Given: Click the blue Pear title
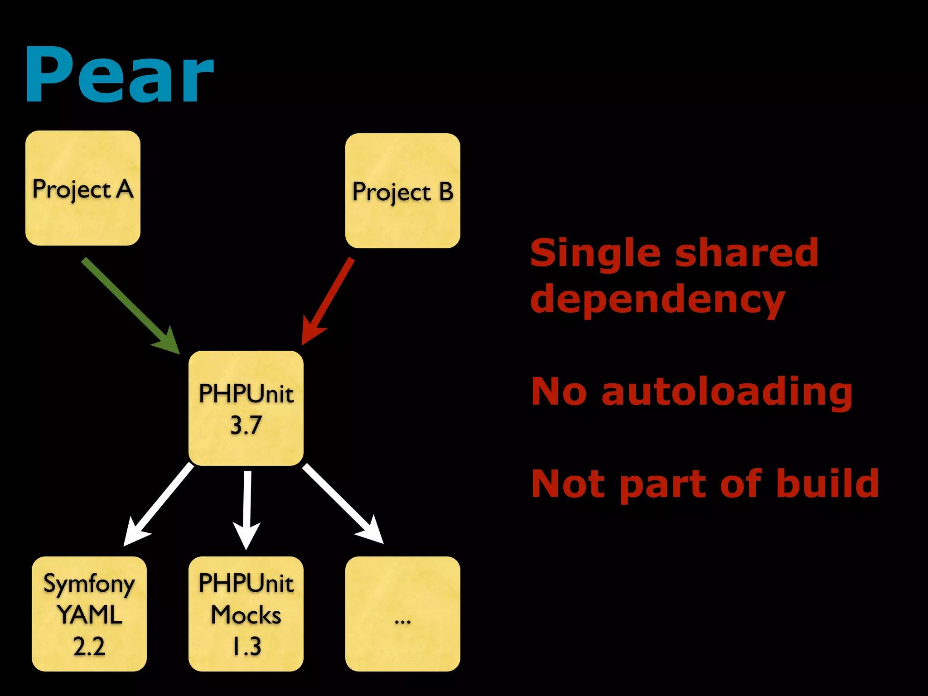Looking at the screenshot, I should pos(119,75).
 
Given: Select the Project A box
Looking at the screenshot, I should pos(83,188).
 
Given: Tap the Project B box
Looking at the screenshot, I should pos(402,191).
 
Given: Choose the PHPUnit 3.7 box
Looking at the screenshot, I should pos(246,408).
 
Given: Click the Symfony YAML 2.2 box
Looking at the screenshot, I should pos(89,614).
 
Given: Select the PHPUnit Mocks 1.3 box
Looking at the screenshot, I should pos(246,614).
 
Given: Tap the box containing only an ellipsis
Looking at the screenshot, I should pos(402,614).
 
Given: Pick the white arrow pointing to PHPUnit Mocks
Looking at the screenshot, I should pos(247,507).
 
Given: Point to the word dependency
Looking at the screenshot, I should pos(657,300).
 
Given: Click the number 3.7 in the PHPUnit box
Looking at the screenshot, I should pos(246,425).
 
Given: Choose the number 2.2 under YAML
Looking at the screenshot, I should pos(89,646).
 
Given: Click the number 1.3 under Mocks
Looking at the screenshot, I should pos(247,646).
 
